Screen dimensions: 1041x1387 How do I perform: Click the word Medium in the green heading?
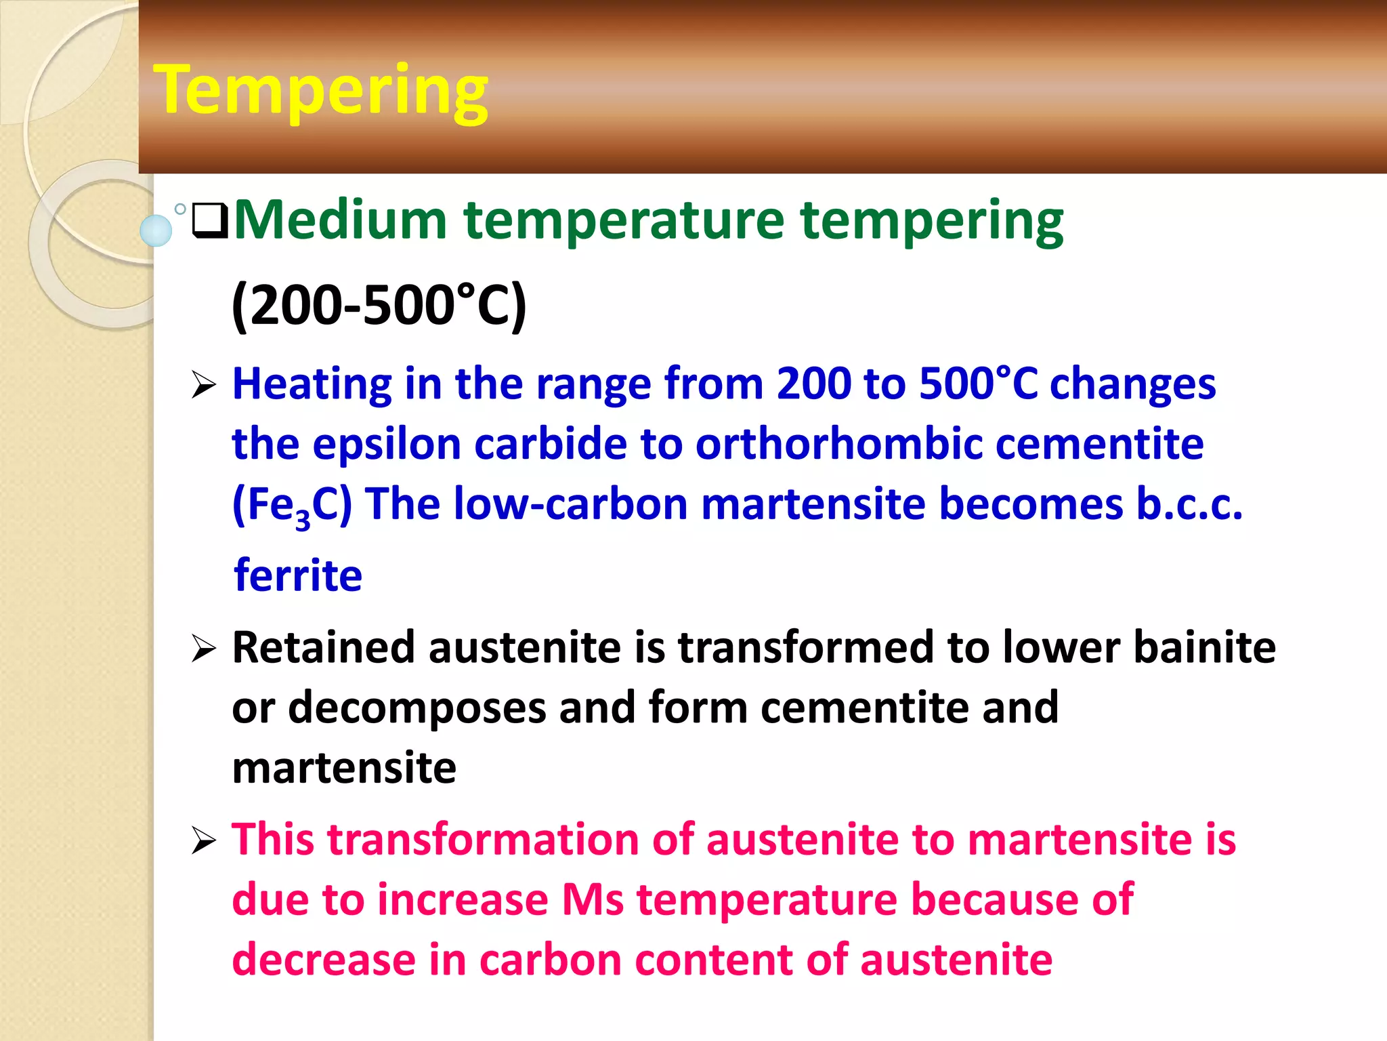click(x=340, y=220)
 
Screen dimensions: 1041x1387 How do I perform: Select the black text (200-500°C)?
click(x=378, y=306)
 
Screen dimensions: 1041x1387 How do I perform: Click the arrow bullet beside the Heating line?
click(x=203, y=386)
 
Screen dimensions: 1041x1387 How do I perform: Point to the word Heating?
click(x=312, y=384)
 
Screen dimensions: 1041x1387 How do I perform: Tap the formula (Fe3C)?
click(x=292, y=506)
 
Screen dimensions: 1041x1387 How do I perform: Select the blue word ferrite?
click(x=298, y=575)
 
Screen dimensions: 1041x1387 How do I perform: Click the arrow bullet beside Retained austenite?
click(x=203, y=649)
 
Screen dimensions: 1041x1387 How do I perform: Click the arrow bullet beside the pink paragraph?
click(x=203, y=841)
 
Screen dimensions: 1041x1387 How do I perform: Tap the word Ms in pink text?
click(x=593, y=900)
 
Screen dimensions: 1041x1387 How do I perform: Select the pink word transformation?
click(x=484, y=840)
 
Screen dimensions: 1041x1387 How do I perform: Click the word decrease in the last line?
click(x=324, y=960)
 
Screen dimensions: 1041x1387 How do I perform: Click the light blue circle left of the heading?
click(x=156, y=230)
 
